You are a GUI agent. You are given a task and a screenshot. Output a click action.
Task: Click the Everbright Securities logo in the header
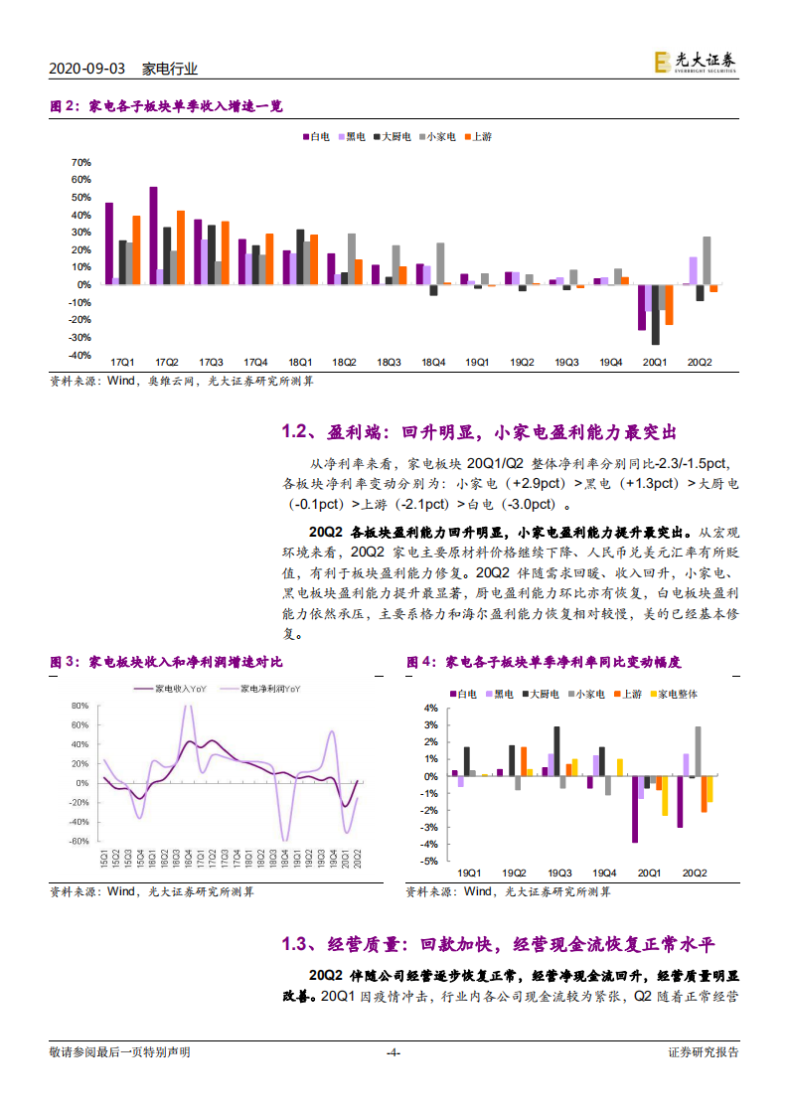pos(695,63)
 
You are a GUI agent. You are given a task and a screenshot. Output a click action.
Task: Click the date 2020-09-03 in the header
pos(86,69)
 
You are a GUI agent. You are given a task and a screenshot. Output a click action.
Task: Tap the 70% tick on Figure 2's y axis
pos(80,163)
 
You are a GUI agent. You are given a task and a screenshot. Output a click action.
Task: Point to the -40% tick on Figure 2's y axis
pos(79,355)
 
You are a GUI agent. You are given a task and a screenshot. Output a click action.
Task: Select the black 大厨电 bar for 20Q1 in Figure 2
pos(656,315)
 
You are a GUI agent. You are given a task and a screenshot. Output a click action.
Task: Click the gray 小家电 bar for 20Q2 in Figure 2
pos(707,260)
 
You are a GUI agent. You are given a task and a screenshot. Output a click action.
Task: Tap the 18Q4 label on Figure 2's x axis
pos(432,364)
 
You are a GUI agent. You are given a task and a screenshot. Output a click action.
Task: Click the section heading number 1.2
pos(295,432)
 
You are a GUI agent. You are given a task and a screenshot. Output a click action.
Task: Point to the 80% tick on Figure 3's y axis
pos(80,707)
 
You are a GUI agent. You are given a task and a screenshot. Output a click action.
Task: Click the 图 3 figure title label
pos(64,662)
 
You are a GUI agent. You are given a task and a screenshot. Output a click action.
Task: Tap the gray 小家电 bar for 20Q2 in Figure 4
pos(698,751)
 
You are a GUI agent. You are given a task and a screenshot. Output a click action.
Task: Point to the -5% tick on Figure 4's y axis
pos(430,862)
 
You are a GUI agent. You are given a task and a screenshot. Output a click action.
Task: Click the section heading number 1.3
pos(295,943)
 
